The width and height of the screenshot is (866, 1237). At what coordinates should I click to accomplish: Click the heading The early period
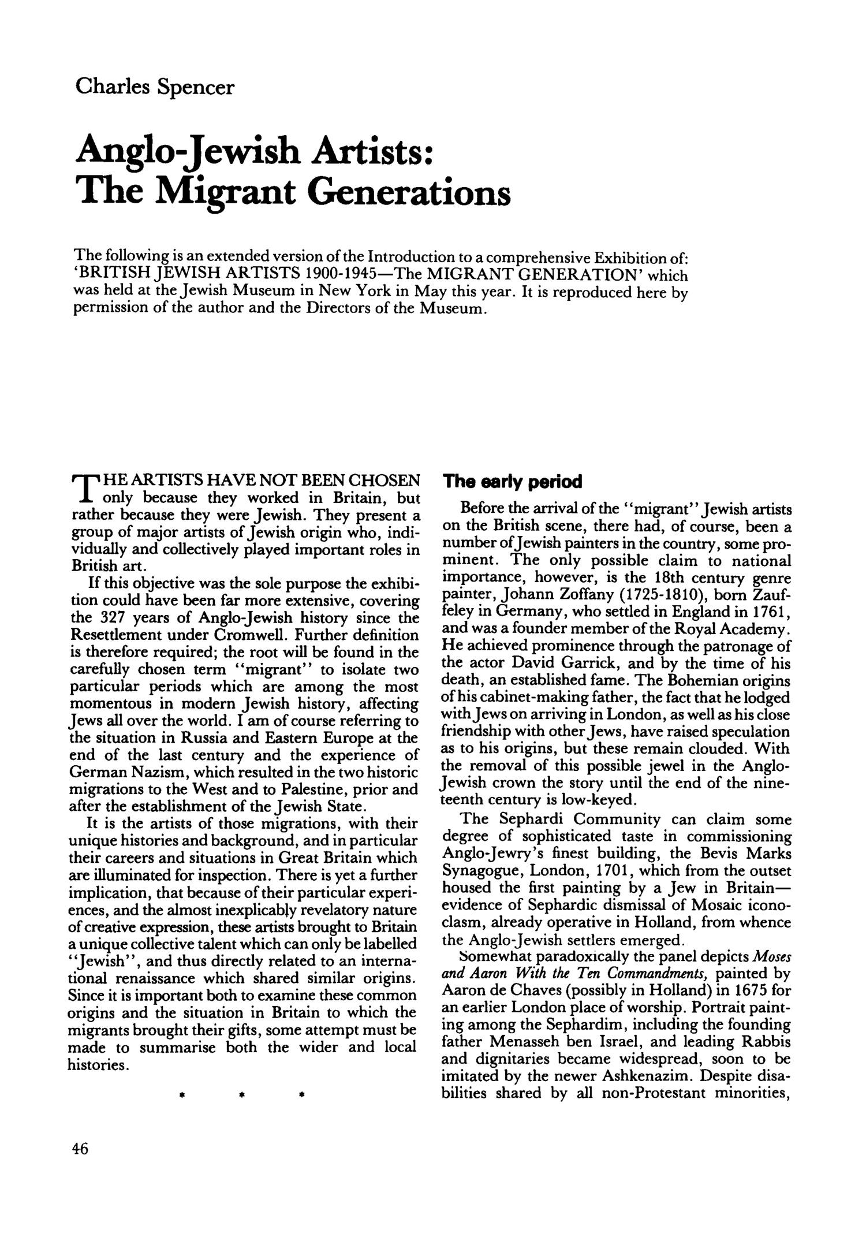pos(512,482)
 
